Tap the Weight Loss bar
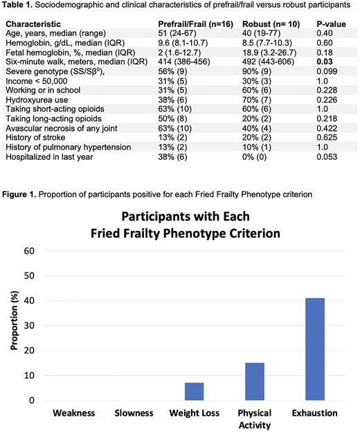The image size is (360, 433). (x=195, y=391)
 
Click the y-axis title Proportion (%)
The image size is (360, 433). (x=13, y=325)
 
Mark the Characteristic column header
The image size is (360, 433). (x=33, y=24)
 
